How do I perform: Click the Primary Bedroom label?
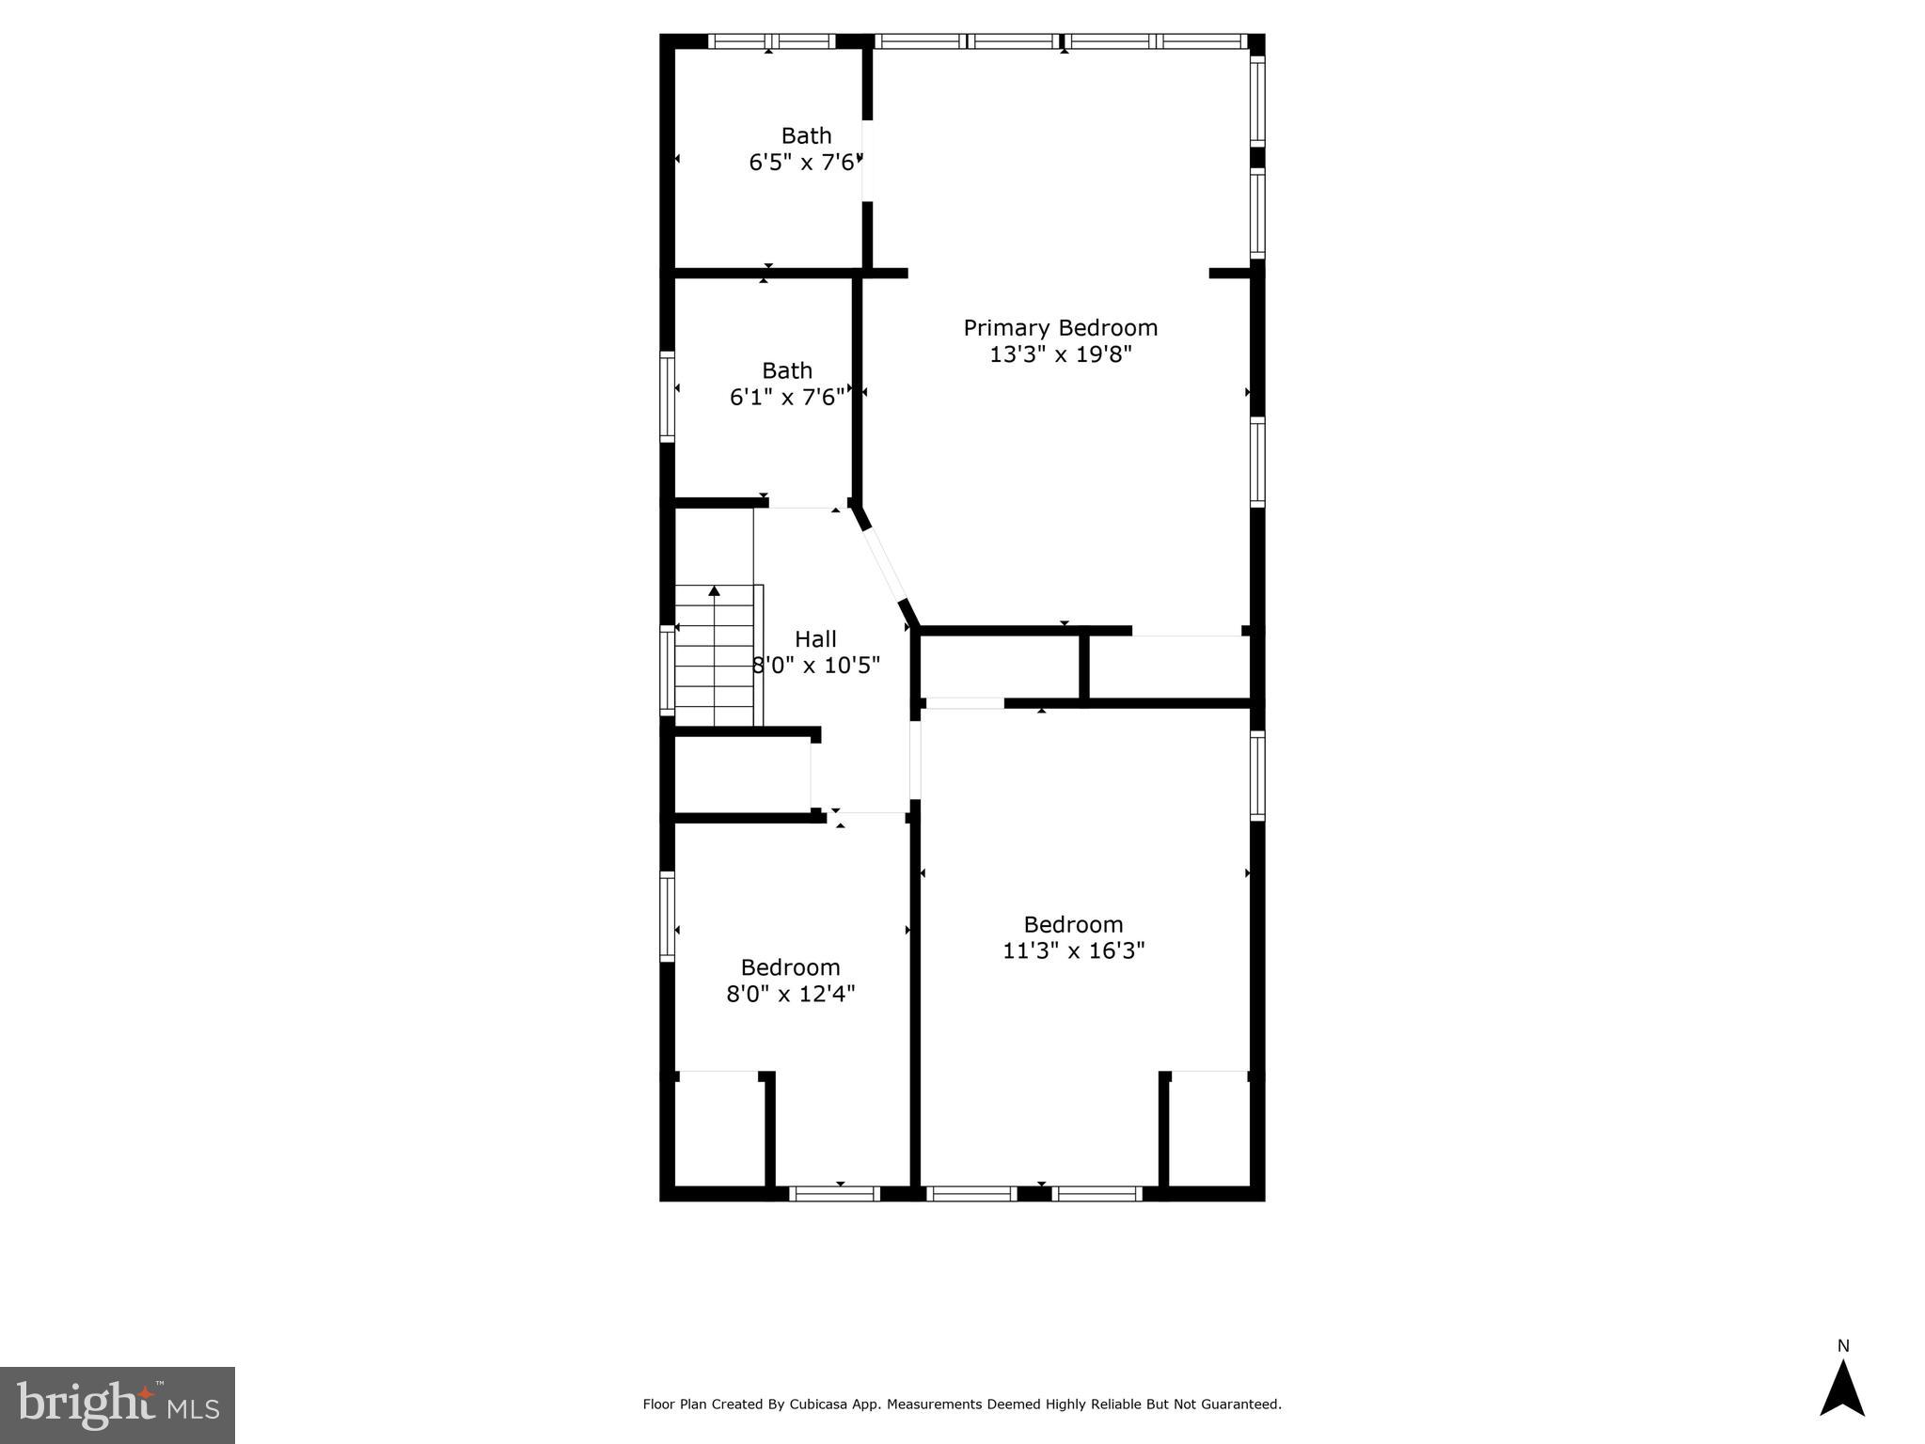[x=1060, y=328]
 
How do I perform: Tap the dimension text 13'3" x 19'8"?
[x=1060, y=354]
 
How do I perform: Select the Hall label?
[x=815, y=639]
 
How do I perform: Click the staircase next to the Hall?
[x=715, y=658]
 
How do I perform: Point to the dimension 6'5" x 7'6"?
[x=805, y=163]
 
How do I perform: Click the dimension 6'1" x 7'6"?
[x=786, y=398]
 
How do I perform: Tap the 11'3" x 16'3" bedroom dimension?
[x=1073, y=950]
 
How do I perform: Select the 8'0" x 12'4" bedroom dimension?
[x=790, y=994]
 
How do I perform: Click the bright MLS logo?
[x=117, y=1405]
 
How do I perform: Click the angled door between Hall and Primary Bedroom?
[x=885, y=565]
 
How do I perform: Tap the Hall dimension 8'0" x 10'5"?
[x=816, y=667]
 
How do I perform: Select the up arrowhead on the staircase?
[x=714, y=590]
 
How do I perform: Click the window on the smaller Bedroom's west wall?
[x=667, y=916]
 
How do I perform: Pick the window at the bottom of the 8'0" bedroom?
[x=834, y=1194]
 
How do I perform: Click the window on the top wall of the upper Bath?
[x=771, y=41]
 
